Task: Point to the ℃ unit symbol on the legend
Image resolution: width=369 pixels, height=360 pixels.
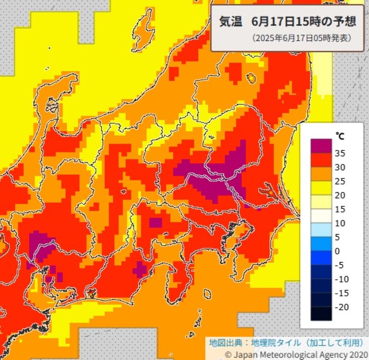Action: point(339,136)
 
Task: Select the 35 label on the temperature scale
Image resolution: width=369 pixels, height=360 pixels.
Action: point(340,153)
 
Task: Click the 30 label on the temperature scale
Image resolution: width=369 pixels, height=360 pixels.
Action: point(340,167)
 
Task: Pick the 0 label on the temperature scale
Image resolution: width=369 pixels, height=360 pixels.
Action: point(337,251)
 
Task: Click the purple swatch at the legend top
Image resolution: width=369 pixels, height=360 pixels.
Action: point(321,145)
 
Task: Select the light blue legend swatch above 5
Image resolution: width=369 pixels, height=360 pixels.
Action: point(321,230)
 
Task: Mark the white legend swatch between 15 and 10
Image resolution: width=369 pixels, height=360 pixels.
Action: point(321,216)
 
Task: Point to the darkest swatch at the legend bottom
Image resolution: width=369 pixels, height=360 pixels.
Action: point(321,314)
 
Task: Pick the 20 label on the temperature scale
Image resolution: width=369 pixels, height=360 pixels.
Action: point(340,195)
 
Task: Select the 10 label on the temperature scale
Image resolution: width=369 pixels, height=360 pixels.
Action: point(340,223)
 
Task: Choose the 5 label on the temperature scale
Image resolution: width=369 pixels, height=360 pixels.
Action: point(337,237)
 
